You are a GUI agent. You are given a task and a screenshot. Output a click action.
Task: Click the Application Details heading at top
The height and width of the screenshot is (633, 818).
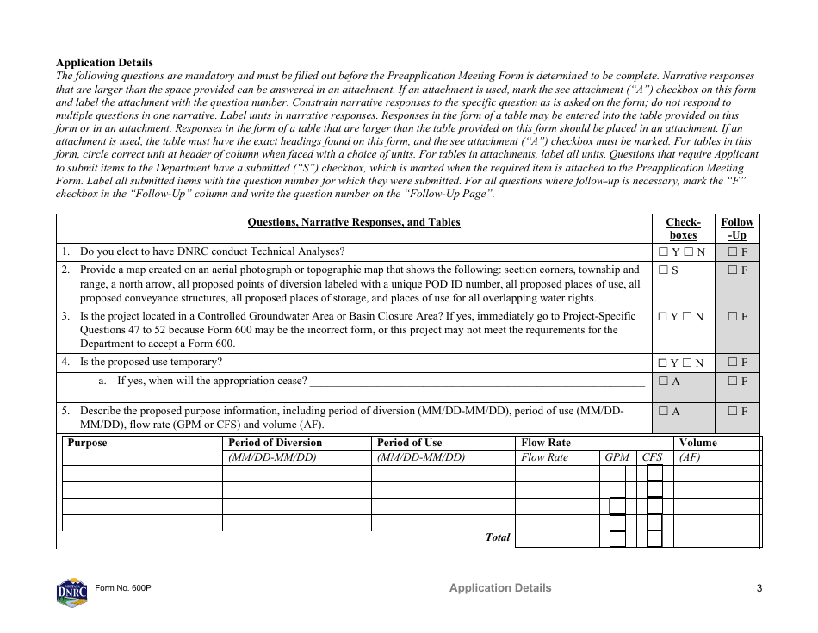coord(104,63)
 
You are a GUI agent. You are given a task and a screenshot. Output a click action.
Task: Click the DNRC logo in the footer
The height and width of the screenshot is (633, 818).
coord(71,592)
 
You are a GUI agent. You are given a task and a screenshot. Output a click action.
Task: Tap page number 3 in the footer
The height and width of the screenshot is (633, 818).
coord(759,588)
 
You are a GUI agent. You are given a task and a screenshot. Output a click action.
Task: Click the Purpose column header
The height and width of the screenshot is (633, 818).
coord(87,443)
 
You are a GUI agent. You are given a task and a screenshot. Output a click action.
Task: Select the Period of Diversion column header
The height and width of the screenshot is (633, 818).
coord(275,443)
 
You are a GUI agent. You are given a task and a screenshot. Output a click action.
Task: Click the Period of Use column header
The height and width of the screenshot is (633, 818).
coord(409,443)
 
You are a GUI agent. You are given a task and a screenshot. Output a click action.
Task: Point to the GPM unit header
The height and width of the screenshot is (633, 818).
coord(617,457)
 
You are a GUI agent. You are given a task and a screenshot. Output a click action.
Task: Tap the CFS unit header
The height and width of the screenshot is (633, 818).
coord(653,457)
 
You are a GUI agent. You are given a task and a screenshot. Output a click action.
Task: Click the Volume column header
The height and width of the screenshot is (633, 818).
coord(697,443)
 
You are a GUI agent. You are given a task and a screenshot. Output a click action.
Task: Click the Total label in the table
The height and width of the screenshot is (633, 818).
coord(498,537)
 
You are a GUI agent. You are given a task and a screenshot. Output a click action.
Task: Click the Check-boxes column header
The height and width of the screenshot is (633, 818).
coord(683,228)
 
